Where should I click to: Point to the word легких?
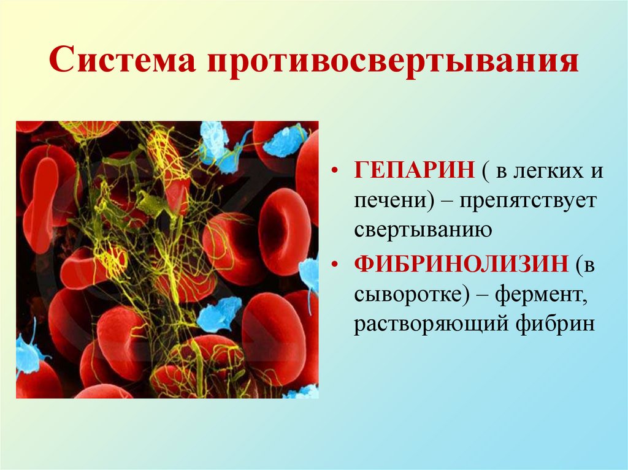pyautogui.click(x=537, y=171)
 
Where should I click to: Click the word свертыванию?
pyautogui.click(x=424, y=230)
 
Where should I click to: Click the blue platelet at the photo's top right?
pyautogui.click(x=283, y=140)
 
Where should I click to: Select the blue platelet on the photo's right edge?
pyautogui.click(x=310, y=275)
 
